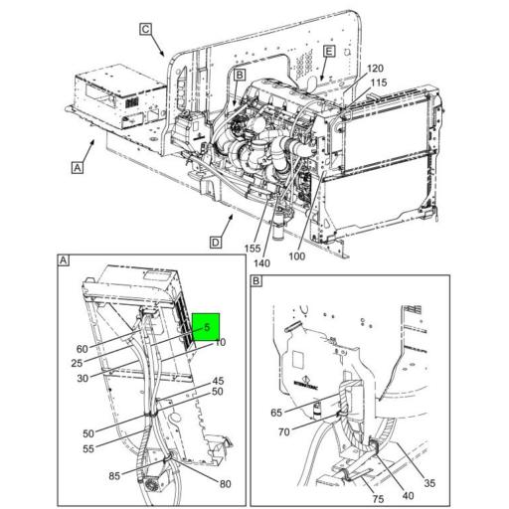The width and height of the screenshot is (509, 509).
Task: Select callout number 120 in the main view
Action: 375,69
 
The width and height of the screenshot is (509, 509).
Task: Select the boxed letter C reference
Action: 146,29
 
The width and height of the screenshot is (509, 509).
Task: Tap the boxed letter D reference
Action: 215,242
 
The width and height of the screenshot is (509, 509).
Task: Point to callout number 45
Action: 218,380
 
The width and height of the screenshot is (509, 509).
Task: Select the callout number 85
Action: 115,475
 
